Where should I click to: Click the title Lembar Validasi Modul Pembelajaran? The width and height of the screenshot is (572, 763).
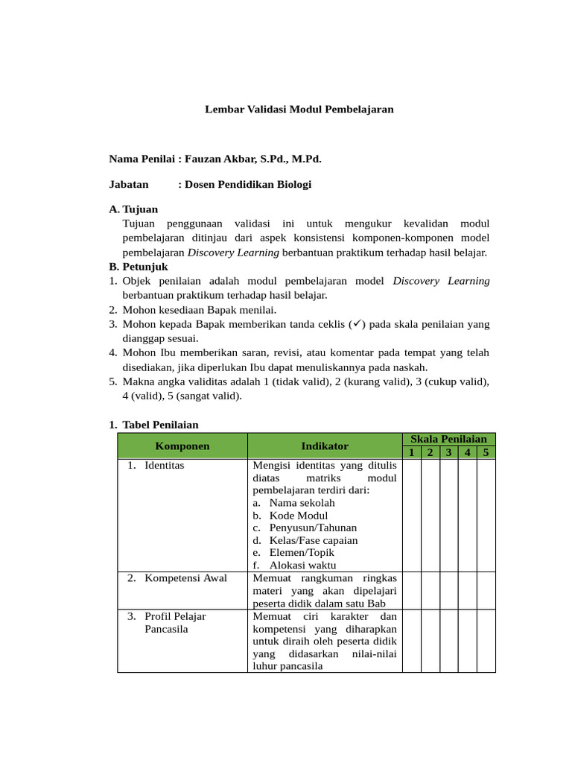299,109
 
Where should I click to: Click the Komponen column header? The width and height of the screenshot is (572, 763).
182,446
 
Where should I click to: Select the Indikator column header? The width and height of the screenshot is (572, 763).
325,446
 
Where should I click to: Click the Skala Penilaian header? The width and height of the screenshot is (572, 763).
449,440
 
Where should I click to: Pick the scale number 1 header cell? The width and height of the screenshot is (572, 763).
412,452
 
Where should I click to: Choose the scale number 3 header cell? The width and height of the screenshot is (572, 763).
448,452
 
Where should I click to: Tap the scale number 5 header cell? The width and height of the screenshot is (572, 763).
486,452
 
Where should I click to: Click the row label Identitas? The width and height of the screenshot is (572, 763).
164,465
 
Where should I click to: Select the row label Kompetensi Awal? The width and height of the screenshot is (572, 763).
185,577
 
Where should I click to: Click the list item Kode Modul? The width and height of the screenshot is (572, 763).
298,515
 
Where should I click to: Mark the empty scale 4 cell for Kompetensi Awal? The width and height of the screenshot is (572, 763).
467,590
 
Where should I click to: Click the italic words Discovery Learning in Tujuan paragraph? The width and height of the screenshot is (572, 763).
233,253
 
